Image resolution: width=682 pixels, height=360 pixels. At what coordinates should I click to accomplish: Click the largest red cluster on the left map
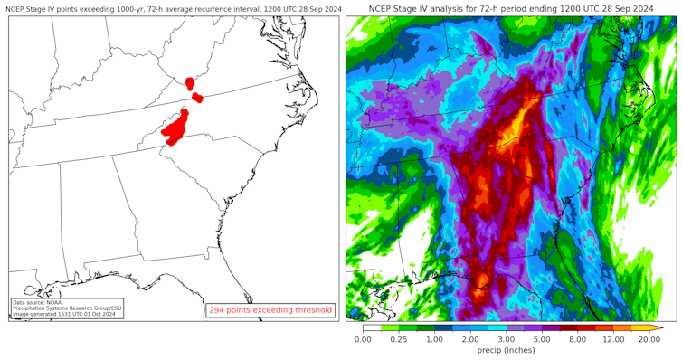pyautogui.click(x=176, y=128)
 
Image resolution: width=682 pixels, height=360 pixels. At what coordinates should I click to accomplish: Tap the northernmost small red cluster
pyautogui.click(x=189, y=83)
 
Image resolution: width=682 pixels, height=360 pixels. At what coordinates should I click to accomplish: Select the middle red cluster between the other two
pyautogui.click(x=197, y=98)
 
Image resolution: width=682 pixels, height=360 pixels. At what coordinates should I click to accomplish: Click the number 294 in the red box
pyautogui.click(x=217, y=310)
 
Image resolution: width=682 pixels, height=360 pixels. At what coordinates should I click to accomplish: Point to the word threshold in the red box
pyautogui.click(x=311, y=310)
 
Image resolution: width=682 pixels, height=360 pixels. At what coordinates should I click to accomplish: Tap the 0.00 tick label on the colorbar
pyautogui.click(x=363, y=339)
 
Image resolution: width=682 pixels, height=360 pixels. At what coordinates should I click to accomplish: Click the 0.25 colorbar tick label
pyautogui.click(x=399, y=339)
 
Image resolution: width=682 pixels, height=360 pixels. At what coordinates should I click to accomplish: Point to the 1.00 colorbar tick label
pyautogui.click(x=435, y=339)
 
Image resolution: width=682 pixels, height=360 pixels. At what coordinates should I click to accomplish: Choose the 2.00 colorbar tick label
pyautogui.click(x=470, y=339)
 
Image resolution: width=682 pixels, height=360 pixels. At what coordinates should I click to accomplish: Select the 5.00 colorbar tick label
pyautogui.click(x=542, y=339)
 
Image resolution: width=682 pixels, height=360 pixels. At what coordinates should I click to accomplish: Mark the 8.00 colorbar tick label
pyautogui.click(x=577, y=339)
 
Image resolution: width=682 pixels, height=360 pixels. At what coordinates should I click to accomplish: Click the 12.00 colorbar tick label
pyautogui.click(x=613, y=339)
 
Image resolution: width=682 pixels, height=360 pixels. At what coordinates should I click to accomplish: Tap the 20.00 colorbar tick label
pyautogui.click(x=649, y=339)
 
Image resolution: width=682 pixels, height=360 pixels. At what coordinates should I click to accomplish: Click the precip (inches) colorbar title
pyautogui.click(x=507, y=351)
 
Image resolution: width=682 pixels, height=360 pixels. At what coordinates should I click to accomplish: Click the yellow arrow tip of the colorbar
pyautogui.click(x=660, y=328)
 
